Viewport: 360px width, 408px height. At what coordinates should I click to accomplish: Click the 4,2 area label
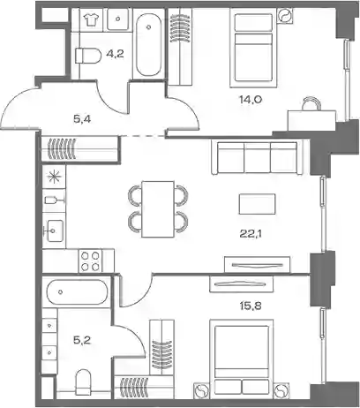115,54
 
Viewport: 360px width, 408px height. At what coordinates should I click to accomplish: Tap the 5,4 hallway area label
82,119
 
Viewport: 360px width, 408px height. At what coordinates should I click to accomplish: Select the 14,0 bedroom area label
251,100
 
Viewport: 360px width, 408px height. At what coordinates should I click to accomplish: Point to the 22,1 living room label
251,234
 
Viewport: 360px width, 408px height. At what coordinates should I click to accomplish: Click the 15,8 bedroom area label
251,306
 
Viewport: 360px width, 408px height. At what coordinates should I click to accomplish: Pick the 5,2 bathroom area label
82,340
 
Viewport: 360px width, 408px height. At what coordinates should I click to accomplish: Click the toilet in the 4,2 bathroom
87,56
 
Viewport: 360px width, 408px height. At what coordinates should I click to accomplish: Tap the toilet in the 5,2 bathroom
84,382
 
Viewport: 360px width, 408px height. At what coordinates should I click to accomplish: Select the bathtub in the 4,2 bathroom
149,43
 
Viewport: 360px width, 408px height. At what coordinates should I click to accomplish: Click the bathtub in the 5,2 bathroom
77,291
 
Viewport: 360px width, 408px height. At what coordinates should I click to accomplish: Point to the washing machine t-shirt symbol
91,19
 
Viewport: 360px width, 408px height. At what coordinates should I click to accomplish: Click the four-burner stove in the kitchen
90,261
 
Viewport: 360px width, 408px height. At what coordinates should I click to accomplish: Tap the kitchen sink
54,230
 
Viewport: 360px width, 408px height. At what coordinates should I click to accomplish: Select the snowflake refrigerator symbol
54,178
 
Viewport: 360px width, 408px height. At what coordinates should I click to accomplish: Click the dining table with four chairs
158,209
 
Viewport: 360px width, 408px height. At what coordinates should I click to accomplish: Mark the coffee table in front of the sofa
258,204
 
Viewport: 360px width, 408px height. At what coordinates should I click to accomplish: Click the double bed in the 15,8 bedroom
242,358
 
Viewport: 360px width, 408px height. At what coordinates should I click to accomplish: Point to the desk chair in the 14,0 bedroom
311,103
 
